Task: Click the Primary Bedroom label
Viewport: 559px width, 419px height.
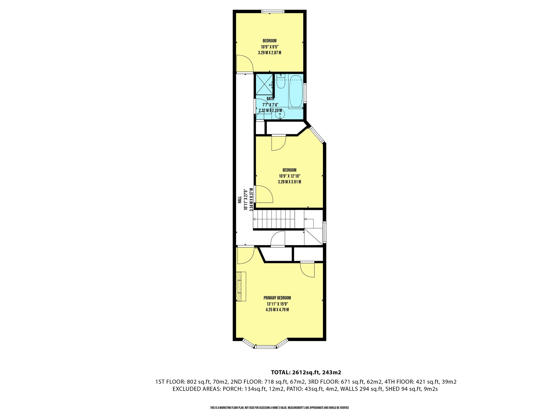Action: [x=277, y=298]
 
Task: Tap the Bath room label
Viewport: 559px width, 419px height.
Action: [x=270, y=99]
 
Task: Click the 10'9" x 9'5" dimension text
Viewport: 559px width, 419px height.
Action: [x=269, y=47]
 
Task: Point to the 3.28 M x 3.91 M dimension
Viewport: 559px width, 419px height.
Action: [x=289, y=182]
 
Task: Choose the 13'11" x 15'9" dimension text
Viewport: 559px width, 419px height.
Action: [x=277, y=304]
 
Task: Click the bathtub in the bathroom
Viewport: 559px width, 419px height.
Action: [x=296, y=92]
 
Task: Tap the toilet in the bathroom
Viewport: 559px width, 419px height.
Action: [x=281, y=81]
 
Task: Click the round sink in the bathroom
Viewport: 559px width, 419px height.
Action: [x=280, y=114]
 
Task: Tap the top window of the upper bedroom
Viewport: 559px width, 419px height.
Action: [x=273, y=11]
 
